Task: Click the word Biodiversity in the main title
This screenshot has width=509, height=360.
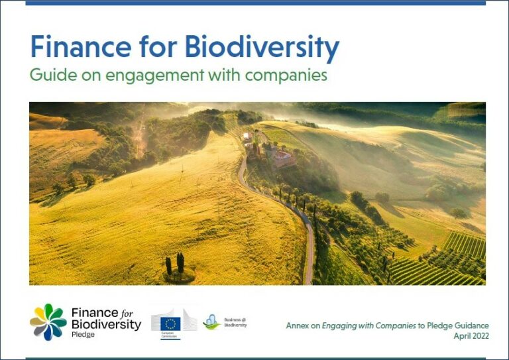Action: tap(262, 47)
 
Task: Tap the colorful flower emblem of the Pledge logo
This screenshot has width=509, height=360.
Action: tap(48, 322)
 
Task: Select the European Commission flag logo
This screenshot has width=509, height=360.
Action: tap(170, 323)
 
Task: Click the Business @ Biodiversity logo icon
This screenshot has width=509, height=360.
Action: tap(211, 322)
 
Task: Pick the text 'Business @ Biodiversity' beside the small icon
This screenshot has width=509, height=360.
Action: tap(235, 322)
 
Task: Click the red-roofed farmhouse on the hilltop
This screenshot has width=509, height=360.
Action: tap(284, 158)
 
